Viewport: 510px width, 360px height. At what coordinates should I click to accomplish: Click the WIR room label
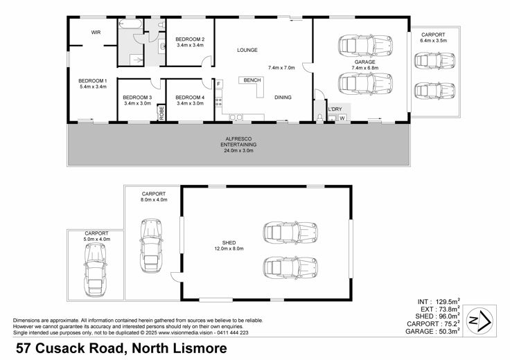(x=96, y=33)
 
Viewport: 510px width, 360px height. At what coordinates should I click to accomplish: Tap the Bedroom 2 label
(x=190, y=39)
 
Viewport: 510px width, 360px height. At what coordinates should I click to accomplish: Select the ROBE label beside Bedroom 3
(x=161, y=113)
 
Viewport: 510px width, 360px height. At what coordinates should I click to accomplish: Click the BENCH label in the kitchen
(x=252, y=80)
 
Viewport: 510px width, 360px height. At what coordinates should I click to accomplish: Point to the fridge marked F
(x=219, y=84)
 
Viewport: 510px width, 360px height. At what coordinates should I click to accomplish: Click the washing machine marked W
(x=342, y=118)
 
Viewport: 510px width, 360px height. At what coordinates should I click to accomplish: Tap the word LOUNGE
(x=247, y=50)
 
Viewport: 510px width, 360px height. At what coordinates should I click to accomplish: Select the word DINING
(x=283, y=97)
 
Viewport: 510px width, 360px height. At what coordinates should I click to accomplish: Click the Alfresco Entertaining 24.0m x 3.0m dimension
(x=238, y=150)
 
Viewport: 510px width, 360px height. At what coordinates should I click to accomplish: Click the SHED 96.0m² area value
(x=449, y=316)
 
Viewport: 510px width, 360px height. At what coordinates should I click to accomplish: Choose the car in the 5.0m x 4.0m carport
(x=96, y=270)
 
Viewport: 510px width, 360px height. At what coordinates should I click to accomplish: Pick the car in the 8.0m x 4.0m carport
(x=151, y=246)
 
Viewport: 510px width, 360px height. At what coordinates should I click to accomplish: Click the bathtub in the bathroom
(x=130, y=24)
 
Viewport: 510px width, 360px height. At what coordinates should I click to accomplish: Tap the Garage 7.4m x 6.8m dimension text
(x=364, y=68)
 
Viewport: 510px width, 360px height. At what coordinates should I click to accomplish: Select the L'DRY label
(x=335, y=109)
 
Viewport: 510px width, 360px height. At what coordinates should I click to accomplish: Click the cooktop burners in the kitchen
(x=218, y=102)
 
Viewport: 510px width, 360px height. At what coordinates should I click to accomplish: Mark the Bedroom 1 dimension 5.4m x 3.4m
(x=93, y=87)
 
